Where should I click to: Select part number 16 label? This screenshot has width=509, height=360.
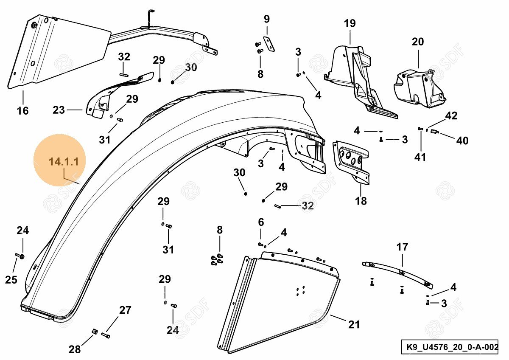(x=22, y=111)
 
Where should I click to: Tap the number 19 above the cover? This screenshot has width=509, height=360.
(x=350, y=23)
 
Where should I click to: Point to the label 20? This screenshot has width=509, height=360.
(x=418, y=42)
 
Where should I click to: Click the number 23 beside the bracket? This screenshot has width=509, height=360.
(x=59, y=110)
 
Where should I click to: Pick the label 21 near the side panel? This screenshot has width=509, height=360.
(x=354, y=325)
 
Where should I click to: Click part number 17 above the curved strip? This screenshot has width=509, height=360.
(x=402, y=247)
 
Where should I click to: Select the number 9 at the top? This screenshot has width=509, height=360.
(x=266, y=19)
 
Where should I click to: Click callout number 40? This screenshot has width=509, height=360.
(x=462, y=141)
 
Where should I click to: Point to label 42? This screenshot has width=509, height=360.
(x=451, y=116)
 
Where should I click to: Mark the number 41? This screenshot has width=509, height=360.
(x=420, y=157)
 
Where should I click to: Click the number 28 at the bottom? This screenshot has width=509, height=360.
(x=75, y=349)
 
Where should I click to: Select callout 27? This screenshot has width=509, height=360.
(x=125, y=310)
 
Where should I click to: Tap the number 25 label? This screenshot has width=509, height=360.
(x=11, y=280)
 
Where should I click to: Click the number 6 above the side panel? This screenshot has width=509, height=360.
(x=261, y=222)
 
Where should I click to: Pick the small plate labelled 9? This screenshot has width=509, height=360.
(x=269, y=44)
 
